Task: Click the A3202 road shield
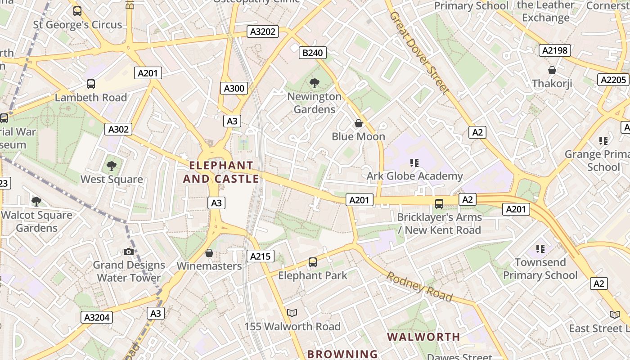pyautogui.click(x=263, y=31)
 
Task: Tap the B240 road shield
pyautogui.click(x=312, y=53)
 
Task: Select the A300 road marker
pyautogui.click(x=234, y=88)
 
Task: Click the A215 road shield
pyautogui.click(x=260, y=256)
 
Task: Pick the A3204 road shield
pyautogui.click(x=97, y=317)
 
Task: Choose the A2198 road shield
pyautogui.click(x=555, y=50)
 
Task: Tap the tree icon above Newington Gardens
pyautogui.click(x=315, y=83)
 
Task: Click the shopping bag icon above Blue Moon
pyautogui.click(x=359, y=123)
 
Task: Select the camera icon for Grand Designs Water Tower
pyautogui.click(x=129, y=252)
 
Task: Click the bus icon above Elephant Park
pyautogui.click(x=312, y=262)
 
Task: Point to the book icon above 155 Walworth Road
pyautogui.click(x=292, y=313)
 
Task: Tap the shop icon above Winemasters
pyautogui.click(x=209, y=253)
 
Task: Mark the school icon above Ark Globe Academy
pyautogui.click(x=414, y=162)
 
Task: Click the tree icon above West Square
pyautogui.click(x=111, y=166)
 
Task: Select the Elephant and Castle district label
pyautogui.click(x=221, y=172)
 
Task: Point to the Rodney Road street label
pyautogui.click(x=419, y=287)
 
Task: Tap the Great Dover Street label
pyautogui.click(x=419, y=53)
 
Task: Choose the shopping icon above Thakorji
pyautogui.click(x=552, y=70)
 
